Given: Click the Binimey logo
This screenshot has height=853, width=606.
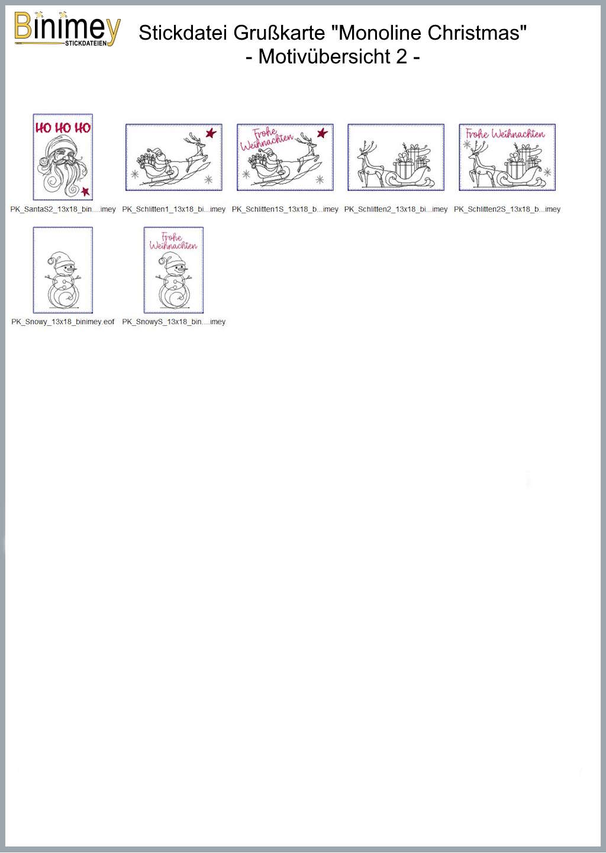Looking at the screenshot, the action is click(x=67, y=29).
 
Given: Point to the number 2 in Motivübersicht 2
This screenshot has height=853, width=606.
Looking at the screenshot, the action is click(x=401, y=57).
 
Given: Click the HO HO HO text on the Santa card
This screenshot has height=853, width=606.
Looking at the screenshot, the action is click(x=63, y=128).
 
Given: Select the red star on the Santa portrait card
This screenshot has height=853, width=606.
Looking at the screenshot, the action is click(x=86, y=191).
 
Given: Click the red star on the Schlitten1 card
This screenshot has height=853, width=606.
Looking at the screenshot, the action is click(x=211, y=133).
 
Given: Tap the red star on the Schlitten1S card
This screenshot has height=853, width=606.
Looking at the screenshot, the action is click(x=322, y=133).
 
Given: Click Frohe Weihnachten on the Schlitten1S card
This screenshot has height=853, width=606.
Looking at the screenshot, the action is click(x=267, y=140).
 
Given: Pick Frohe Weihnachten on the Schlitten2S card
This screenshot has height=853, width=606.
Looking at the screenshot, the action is click(x=505, y=134).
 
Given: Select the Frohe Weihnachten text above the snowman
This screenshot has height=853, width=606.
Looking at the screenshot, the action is click(x=173, y=242).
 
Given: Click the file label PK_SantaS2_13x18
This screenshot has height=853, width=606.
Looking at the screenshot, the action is click(x=63, y=209).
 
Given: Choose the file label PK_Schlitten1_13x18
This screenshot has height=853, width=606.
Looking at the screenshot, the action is click(x=174, y=209).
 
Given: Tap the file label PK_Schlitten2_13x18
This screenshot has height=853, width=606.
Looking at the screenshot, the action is click(x=396, y=209).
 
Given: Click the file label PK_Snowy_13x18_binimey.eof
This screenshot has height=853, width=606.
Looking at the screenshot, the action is click(x=63, y=322).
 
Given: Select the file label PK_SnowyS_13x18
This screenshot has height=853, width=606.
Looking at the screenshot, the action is click(x=174, y=322).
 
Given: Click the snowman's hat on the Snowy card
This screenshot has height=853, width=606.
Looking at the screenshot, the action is click(x=60, y=258).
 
